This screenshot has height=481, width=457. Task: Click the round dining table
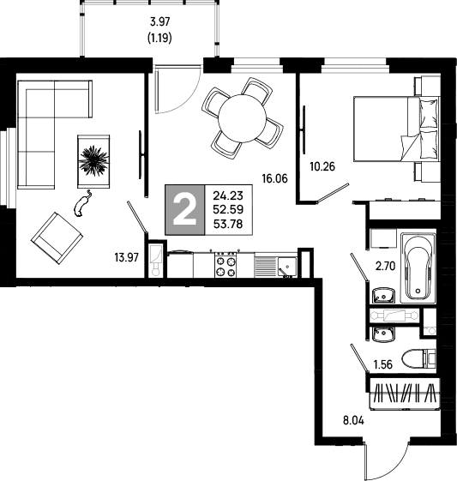[x=242, y=118]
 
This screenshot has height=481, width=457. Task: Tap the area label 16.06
[x=275, y=178]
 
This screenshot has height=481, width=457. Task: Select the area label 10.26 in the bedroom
[x=322, y=166]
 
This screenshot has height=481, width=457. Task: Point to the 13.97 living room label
[x=127, y=257]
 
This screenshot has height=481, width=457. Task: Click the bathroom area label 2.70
[x=386, y=266]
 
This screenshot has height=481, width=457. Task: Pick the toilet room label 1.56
[x=383, y=364]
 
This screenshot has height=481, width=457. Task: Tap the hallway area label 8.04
[x=353, y=421]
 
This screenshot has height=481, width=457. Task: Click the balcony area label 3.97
[x=159, y=21]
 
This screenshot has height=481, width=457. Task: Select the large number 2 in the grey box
[x=184, y=210]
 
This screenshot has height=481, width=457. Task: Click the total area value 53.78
[x=228, y=225]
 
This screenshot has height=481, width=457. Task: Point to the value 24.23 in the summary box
[x=228, y=195]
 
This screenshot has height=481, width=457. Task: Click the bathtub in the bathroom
[x=418, y=268]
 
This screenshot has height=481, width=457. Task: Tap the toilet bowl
[x=418, y=359]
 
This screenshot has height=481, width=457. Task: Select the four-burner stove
[x=225, y=265]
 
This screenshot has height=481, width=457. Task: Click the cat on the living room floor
[x=82, y=204]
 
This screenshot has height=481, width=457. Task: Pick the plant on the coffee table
[x=93, y=160]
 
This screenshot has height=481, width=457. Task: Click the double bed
[x=397, y=129]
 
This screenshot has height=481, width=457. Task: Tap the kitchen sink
[x=287, y=267]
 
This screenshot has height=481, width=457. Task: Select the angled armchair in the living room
[x=57, y=238]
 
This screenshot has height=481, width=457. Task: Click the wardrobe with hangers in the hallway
[x=404, y=394]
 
